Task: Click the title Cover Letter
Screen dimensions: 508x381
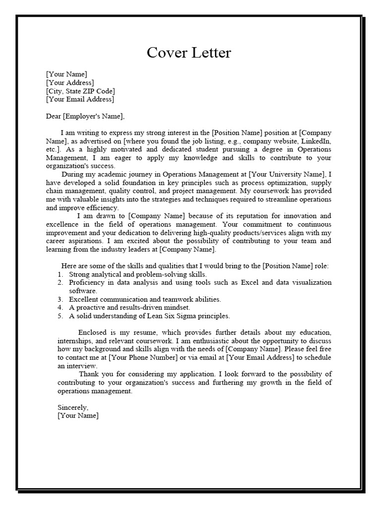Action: click(189, 53)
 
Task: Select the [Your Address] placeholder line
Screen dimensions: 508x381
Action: click(69, 83)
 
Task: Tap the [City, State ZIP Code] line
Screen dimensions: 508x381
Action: click(80, 91)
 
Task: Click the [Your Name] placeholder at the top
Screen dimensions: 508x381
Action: click(66, 74)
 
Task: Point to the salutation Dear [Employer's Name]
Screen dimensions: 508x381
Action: click(85, 116)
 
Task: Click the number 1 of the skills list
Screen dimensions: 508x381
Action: click(60, 274)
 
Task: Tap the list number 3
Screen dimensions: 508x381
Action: click(60, 300)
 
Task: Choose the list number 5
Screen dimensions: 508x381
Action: click(60, 316)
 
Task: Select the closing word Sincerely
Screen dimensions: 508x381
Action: click(73, 407)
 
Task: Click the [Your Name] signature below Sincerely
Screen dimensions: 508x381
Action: click(78, 416)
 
